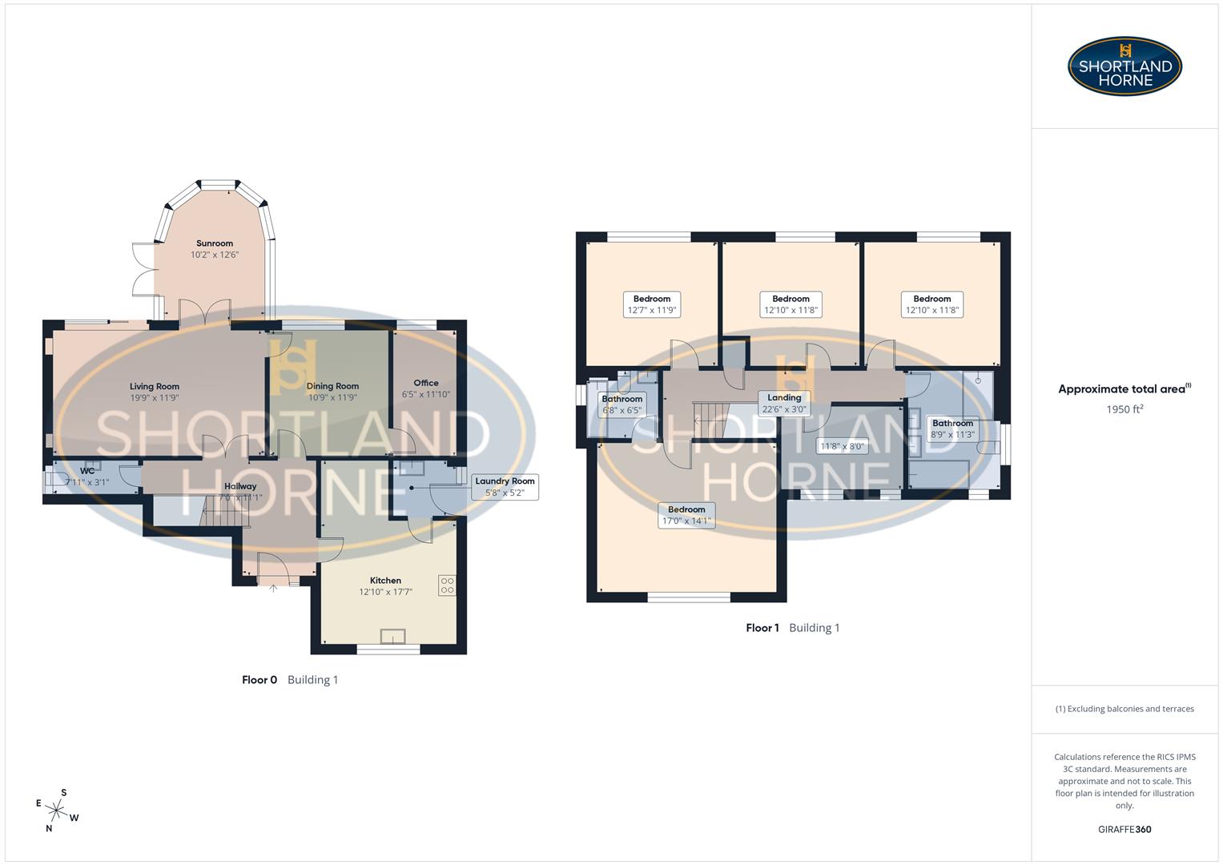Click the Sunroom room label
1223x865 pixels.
tap(215, 243)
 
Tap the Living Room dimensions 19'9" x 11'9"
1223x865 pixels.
tap(155, 397)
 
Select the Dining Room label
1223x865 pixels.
tap(332, 386)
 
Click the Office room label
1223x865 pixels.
tap(426, 383)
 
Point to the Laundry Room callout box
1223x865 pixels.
tap(505, 487)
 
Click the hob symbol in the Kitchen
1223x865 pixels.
tap(447, 585)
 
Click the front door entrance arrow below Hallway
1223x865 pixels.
tap(273, 589)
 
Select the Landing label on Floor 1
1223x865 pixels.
tap(784, 398)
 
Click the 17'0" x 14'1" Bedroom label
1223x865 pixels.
tap(686, 515)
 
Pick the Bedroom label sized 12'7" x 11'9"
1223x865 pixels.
tap(652, 304)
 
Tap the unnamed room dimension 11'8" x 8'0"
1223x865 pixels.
tap(843, 446)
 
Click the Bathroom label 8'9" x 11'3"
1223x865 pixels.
tap(952, 429)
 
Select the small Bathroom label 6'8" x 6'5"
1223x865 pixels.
tap(622, 404)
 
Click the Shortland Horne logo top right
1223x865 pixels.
tap(1124, 66)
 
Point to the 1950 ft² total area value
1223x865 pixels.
tap(1124, 409)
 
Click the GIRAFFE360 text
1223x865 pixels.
tap(1124, 829)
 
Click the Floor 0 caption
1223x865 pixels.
tap(259, 680)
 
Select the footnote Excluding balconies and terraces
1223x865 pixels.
tap(1124, 709)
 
